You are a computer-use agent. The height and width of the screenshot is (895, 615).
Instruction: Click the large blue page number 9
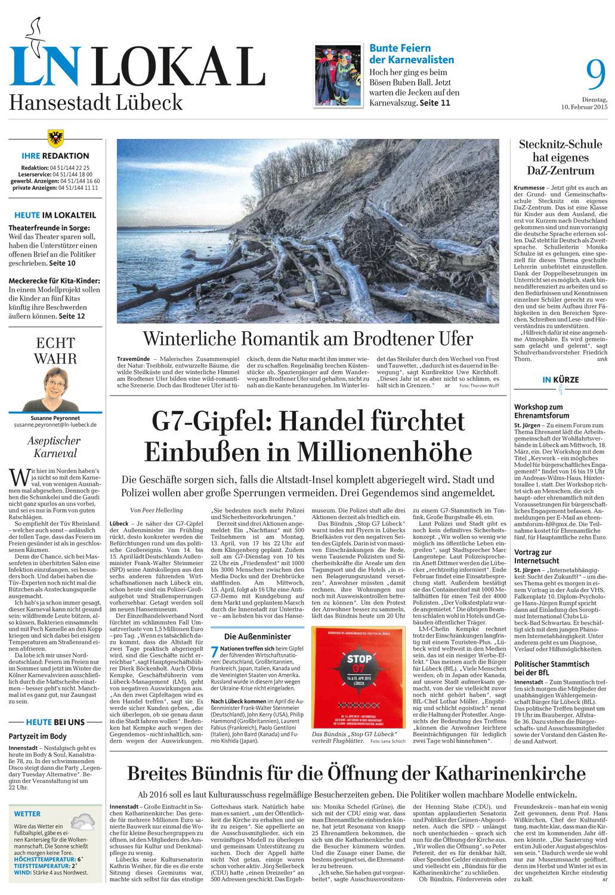pos(595,75)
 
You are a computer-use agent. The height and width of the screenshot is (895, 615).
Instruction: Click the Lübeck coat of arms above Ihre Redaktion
pos(55,138)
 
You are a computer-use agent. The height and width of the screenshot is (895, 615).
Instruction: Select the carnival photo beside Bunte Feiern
pos(338,75)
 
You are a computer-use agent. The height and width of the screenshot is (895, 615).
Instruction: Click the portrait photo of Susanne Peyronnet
pos(55,389)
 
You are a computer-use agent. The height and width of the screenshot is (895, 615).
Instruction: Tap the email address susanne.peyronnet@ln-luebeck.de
pos(55,425)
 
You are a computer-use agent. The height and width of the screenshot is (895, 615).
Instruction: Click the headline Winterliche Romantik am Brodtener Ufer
pos(308,339)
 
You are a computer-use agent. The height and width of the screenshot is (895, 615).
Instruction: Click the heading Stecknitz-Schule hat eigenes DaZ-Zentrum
pos(560,157)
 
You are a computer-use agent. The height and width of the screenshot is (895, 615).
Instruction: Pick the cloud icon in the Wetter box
pos(82,821)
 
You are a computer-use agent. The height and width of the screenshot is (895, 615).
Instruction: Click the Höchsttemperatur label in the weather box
pos(44,859)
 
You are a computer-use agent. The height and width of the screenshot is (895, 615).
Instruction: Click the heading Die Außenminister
pos(258,637)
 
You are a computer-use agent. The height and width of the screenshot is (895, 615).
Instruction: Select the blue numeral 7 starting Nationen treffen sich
pos(215,652)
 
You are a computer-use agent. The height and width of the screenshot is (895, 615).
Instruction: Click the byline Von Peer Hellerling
pos(156,510)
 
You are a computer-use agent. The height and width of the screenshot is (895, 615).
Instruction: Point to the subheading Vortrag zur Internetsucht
pos(536,556)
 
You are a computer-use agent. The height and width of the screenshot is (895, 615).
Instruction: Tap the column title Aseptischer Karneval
pos(55,447)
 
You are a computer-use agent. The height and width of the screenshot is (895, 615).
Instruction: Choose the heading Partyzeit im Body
pos(38,736)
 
